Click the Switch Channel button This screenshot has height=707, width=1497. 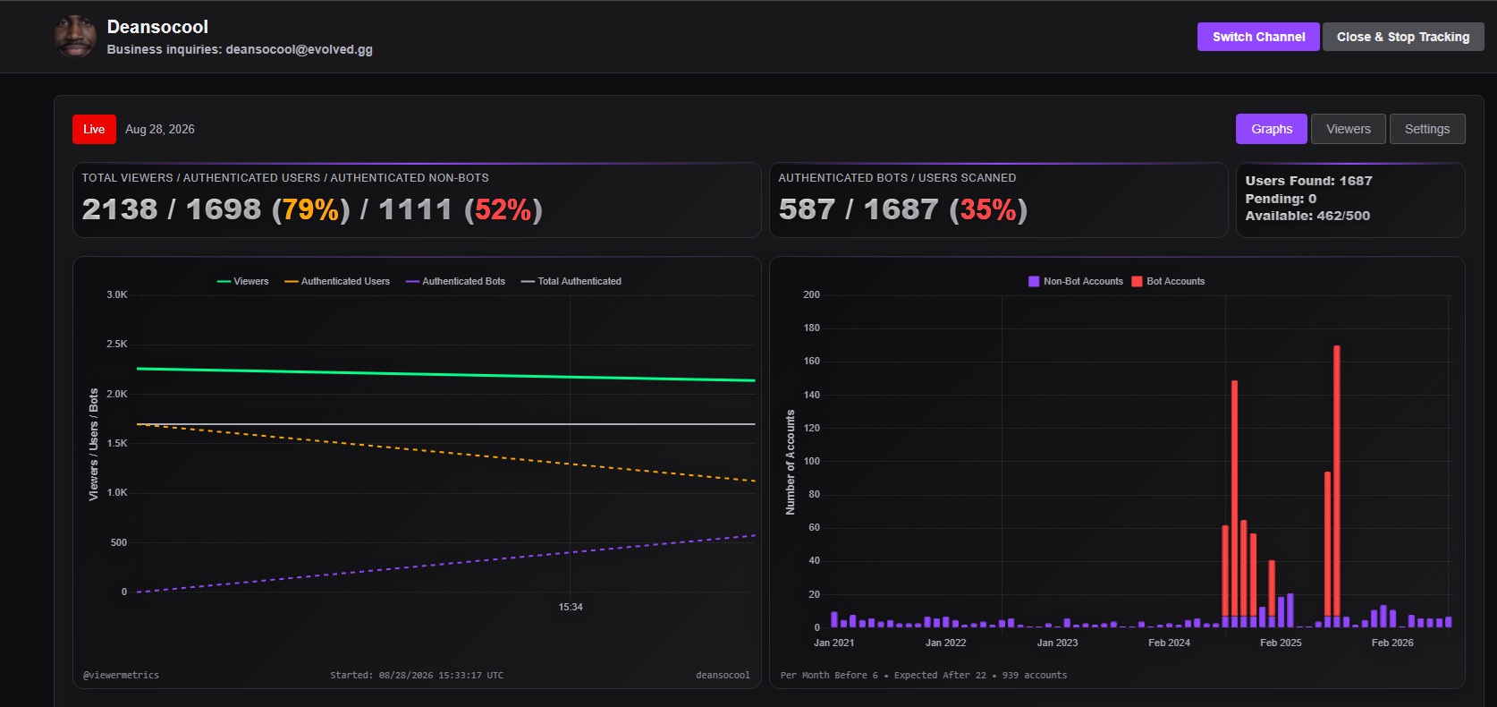coord(1257,37)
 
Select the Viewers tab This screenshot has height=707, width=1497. coord(1348,129)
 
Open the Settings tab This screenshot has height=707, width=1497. coord(1427,129)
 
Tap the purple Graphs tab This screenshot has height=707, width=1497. coord(1271,129)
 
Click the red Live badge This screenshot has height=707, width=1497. coord(94,129)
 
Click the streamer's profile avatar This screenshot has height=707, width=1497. coord(75,36)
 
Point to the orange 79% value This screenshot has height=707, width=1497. coord(311,209)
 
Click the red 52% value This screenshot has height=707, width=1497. coord(503,209)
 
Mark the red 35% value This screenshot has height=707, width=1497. coord(988,209)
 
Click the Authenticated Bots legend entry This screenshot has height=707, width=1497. coord(455,282)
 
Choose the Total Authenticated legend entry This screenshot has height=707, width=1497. coord(571,282)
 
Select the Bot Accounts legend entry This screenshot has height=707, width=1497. coord(1168,282)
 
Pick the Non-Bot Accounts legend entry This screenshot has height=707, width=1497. coord(1076,282)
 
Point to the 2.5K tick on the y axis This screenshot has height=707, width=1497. coord(117,344)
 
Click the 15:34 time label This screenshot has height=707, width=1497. coord(570,607)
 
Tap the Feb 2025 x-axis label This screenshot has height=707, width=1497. coord(1281,643)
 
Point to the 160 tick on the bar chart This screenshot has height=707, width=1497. coord(811,362)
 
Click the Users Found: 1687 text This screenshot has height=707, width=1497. coord(1308,181)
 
